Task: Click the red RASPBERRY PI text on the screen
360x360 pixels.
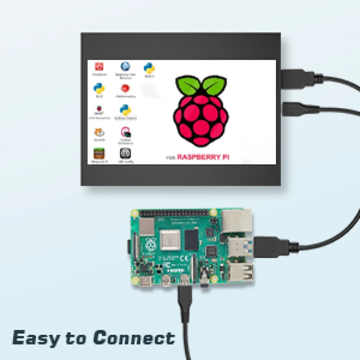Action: point(203,157)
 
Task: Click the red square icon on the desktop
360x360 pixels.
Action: point(99,67)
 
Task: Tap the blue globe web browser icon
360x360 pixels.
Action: point(125,66)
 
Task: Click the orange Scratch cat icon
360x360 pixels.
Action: point(99,132)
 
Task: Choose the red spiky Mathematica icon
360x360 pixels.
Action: point(125,88)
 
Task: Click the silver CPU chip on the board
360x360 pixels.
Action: point(170,239)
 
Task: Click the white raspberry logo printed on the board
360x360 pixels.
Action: point(150,244)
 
